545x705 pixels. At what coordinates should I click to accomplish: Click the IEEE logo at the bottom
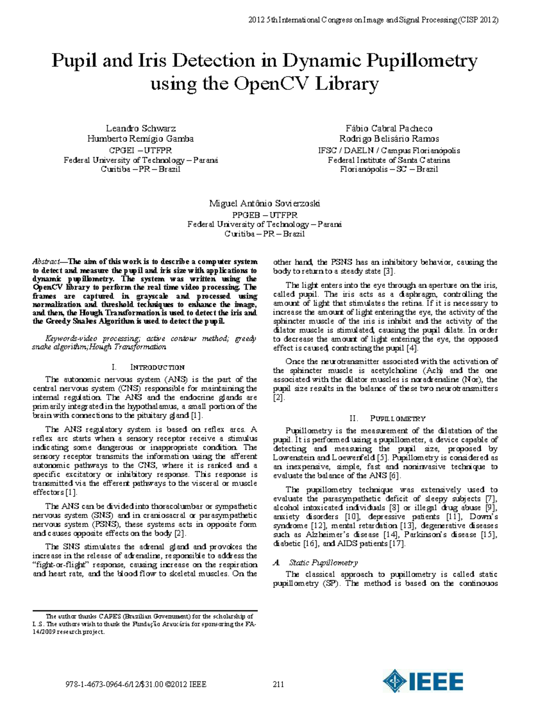pos(423,681)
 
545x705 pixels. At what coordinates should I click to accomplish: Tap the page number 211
pos(278,684)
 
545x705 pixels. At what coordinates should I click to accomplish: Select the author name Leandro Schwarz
pos(141,128)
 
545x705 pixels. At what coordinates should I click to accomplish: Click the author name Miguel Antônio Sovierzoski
pos(264,203)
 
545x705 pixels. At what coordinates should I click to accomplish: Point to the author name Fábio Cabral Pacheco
pos(389,128)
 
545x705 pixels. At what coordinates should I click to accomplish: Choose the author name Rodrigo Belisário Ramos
pos(389,139)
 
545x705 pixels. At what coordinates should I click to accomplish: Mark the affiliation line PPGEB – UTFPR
pos(264,215)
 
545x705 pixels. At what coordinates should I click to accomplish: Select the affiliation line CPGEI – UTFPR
pos(141,150)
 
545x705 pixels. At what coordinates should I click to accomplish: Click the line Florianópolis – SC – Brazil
pos(389,169)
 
